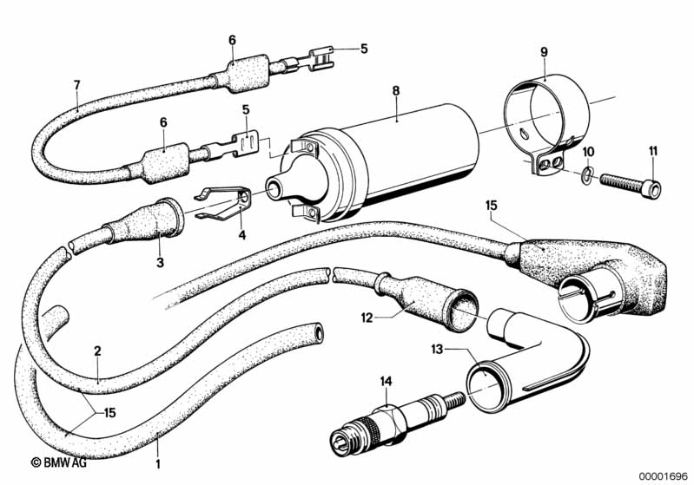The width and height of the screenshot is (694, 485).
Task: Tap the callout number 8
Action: [x=396, y=91]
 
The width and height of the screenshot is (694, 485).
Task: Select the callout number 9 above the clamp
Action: [x=544, y=52]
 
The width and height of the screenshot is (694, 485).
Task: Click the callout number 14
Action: [x=386, y=381]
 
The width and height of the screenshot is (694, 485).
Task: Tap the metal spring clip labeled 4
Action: [x=223, y=202]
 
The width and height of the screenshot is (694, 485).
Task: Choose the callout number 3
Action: [x=160, y=262]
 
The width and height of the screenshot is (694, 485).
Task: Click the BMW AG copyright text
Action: [x=59, y=462]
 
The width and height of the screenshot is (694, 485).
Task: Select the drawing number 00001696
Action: [x=663, y=475]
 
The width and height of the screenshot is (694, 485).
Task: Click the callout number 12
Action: [x=367, y=318]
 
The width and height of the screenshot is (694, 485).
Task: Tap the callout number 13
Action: [x=437, y=350]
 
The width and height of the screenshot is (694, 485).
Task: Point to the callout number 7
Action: [x=77, y=85]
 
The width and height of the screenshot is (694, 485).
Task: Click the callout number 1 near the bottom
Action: [x=158, y=464]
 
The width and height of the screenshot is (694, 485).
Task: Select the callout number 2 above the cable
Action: [x=97, y=351]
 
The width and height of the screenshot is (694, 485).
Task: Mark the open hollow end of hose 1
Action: [x=318, y=331]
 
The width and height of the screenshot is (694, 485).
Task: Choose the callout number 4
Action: [x=241, y=235]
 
